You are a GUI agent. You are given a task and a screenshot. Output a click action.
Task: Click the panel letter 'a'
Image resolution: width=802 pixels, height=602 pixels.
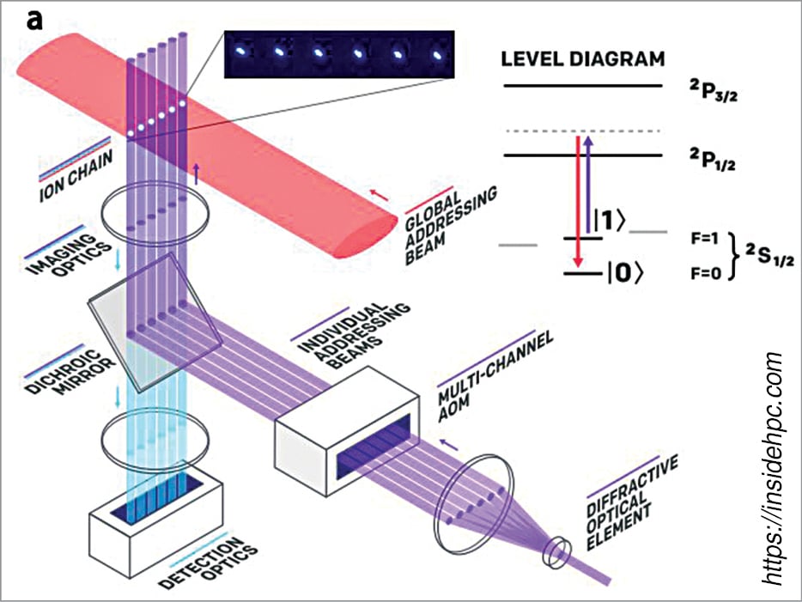coord(34,20)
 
